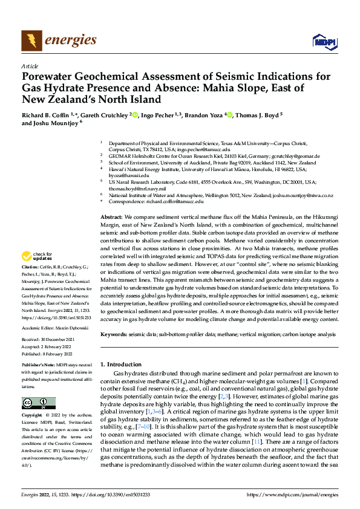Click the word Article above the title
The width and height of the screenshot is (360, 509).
point(29,66)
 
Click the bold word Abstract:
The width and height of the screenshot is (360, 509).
point(111,216)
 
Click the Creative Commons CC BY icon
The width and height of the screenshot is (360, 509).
point(39,403)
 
